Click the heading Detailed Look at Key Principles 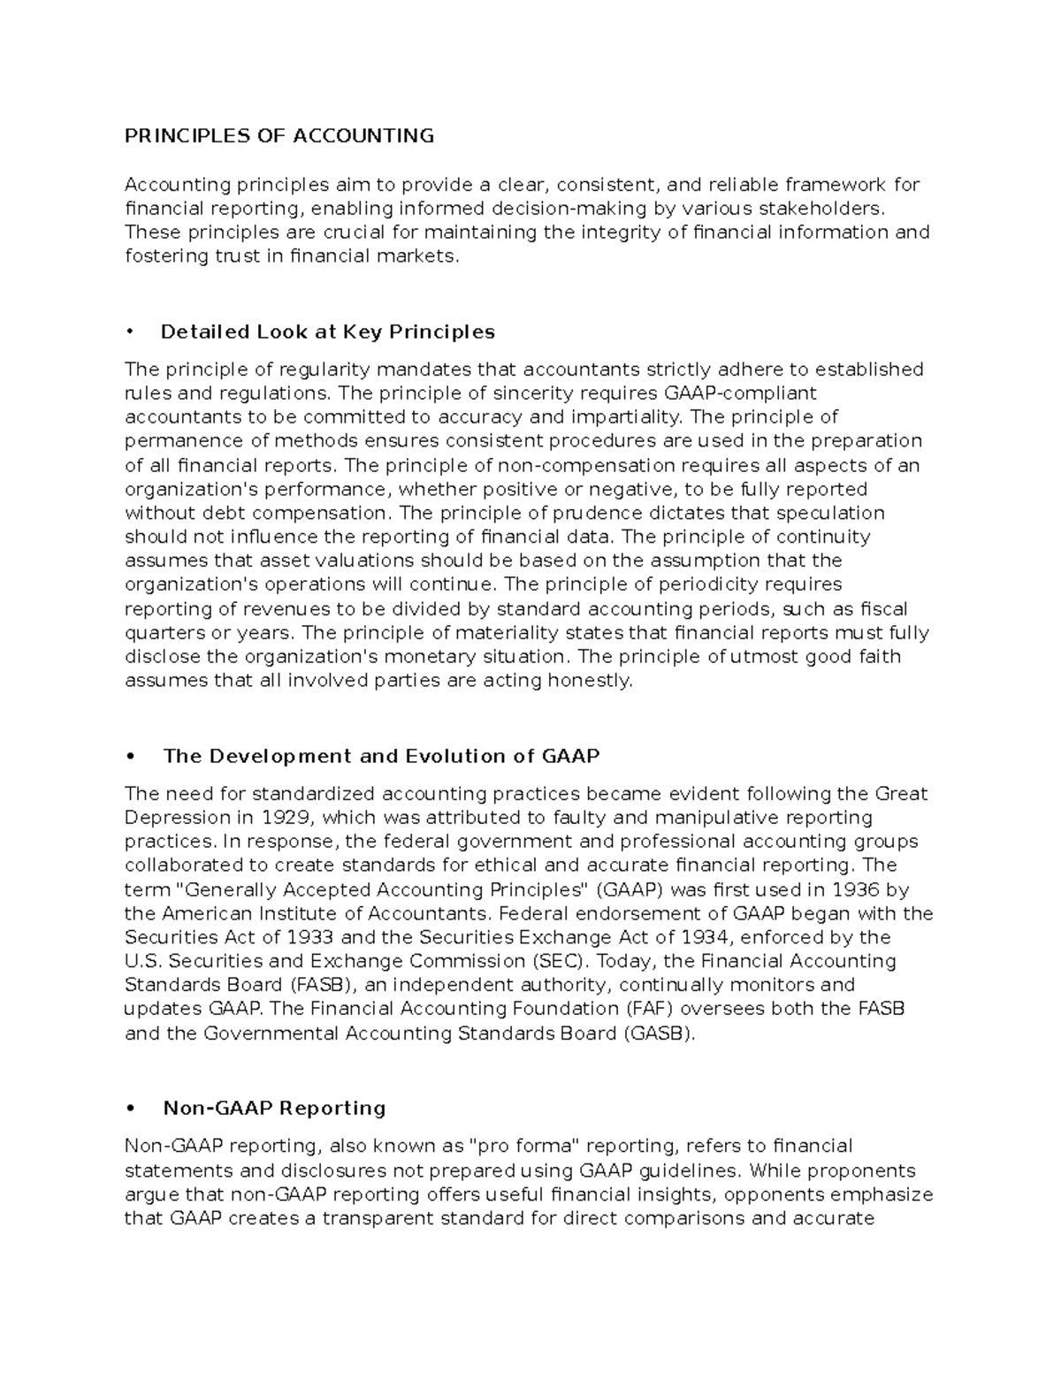(327, 332)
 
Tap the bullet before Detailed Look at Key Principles (129, 332)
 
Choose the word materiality (508, 633)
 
